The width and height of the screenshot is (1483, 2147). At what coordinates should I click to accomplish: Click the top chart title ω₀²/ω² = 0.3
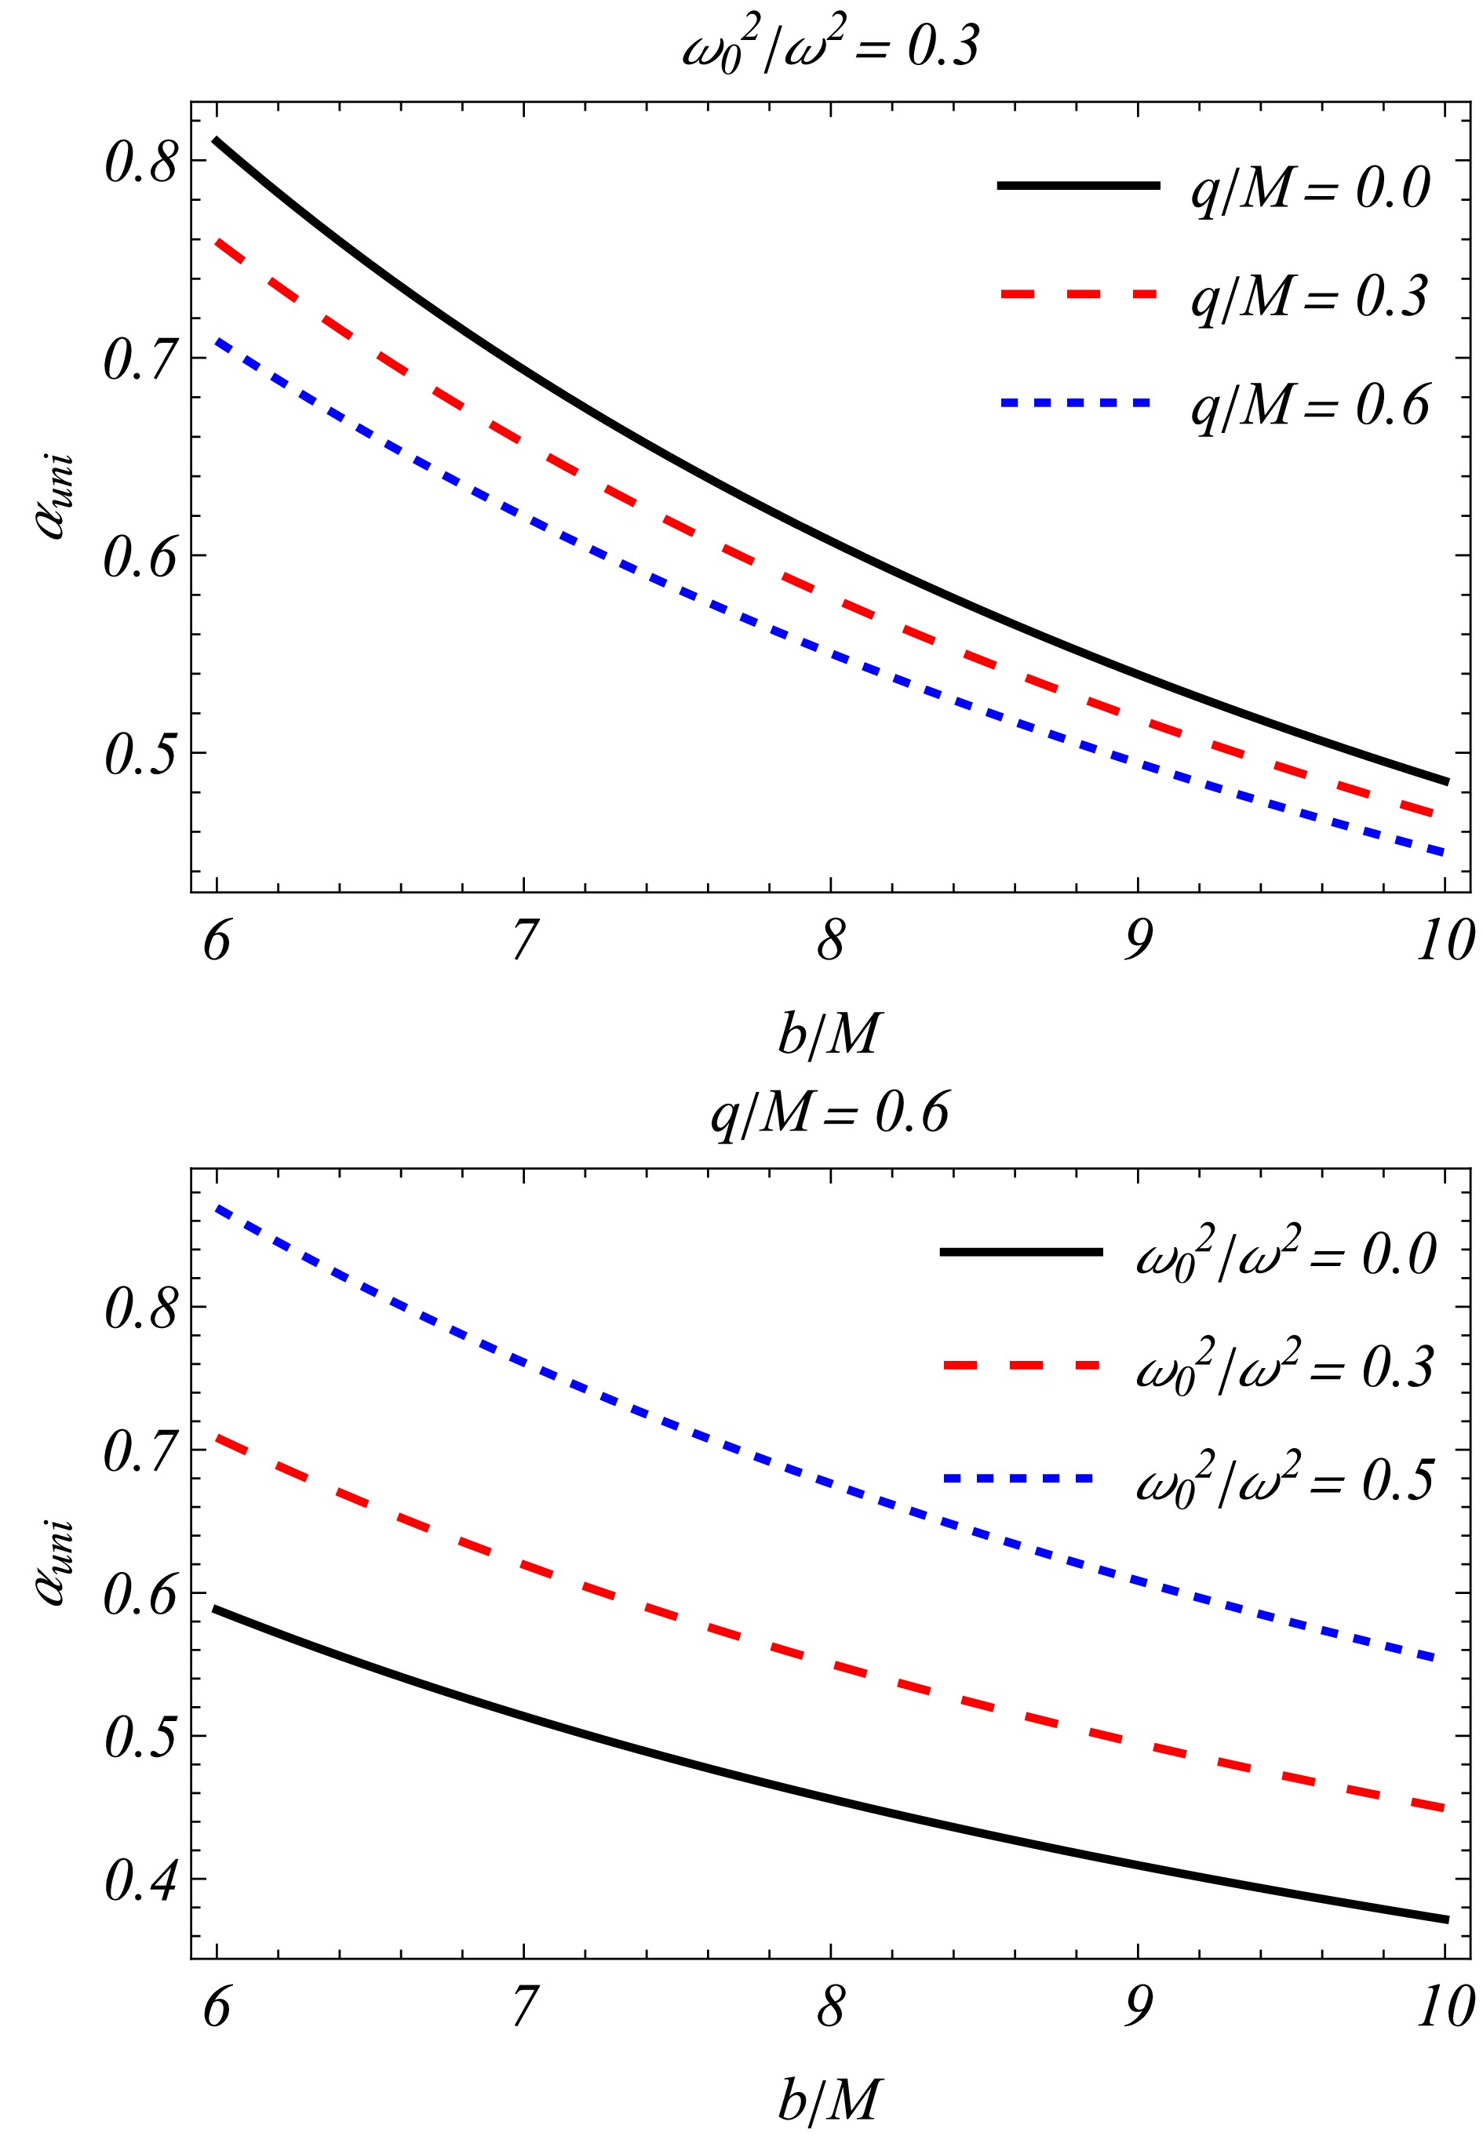click(x=830, y=46)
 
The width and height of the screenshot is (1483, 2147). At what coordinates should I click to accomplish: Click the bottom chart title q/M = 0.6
click(x=830, y=1112)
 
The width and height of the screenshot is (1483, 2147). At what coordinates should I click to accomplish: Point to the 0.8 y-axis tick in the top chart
click(x=140, y=162)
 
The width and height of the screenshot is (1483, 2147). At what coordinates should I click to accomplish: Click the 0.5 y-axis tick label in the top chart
click(x=140, y=755)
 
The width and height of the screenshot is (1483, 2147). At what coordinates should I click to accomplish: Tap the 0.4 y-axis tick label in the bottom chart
click(x=140, y=1881)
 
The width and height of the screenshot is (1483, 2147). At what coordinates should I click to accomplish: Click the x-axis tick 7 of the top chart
click(x=524, y=941)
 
